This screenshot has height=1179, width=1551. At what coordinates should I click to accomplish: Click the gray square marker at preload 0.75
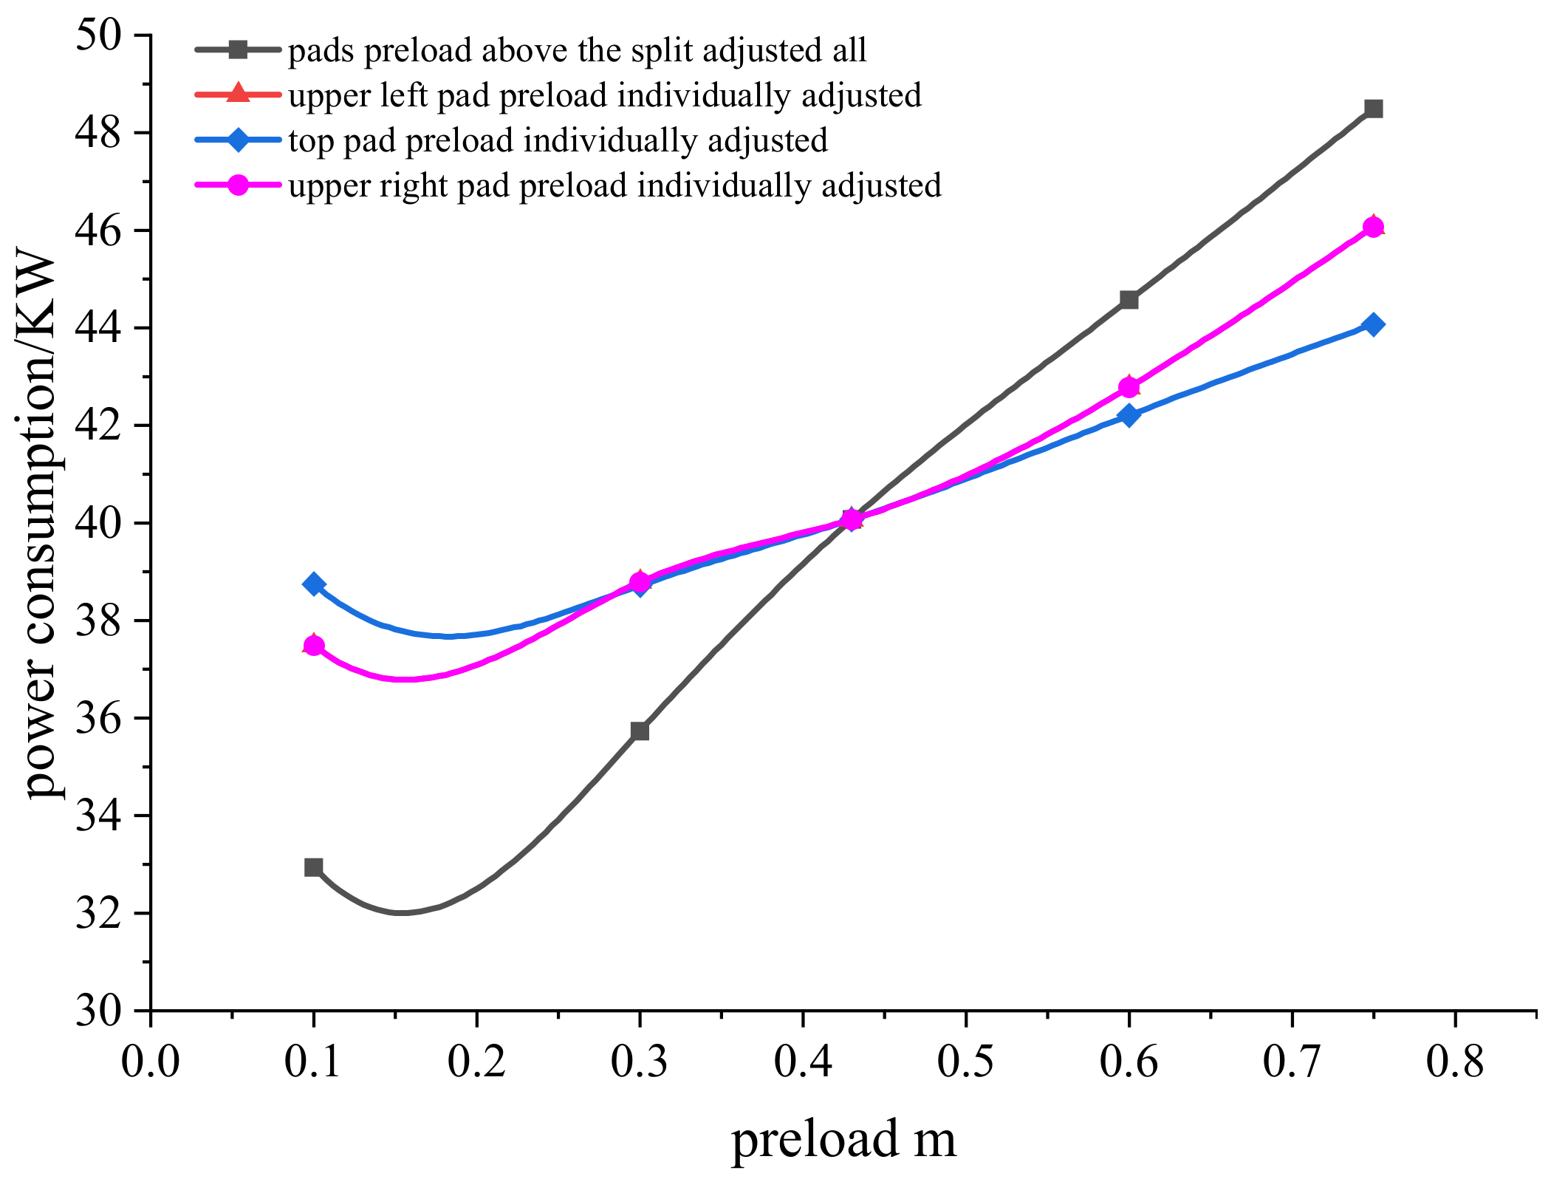coord(1373,109)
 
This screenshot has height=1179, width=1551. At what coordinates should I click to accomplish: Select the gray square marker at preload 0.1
coord(314,867)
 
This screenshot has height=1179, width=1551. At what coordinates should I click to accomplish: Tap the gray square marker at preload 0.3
coord(640,731)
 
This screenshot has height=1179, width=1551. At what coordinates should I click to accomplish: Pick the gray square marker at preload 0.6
coord(1129,299)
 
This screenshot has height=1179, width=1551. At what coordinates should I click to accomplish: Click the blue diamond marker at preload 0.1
coord(314,584)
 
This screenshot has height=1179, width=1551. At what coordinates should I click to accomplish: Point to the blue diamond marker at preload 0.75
coord(1373,324)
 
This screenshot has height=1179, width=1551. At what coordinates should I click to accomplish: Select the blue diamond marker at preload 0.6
coord(1129,415)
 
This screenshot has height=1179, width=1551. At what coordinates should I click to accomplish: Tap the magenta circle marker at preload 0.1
coord(314,646)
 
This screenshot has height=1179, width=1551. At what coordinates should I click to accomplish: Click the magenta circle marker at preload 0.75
coord(1373,227)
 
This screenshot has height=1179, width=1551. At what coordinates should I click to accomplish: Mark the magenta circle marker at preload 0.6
coord(1129,387)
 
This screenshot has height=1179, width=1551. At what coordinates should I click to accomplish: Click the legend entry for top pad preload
coord(558,140)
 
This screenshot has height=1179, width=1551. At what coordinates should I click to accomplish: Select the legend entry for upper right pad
coord(614,185)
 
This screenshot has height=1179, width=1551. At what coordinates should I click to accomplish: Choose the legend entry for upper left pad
coord(604,95)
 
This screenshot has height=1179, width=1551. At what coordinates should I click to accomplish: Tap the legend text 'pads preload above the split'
coord(576,50)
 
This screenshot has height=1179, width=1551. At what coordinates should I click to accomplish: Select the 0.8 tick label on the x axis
coord(1454,1062)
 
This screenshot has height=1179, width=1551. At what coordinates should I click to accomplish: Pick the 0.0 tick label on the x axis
coord(151,1062)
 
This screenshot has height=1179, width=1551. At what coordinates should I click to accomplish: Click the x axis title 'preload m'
coord(843,1138)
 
